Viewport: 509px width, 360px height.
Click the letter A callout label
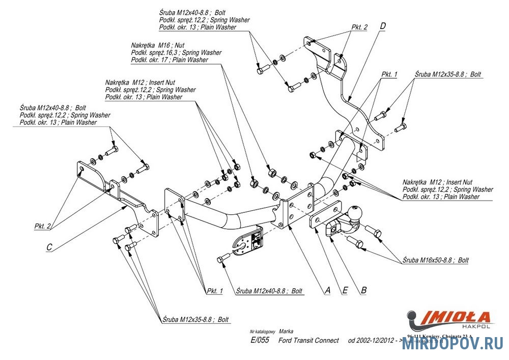328,290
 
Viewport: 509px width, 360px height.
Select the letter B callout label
363,290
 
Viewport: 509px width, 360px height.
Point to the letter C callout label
49,247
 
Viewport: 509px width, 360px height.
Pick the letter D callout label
383,25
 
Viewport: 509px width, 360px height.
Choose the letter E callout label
345,290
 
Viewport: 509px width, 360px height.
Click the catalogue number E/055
261,340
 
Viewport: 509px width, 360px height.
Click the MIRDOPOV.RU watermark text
452,345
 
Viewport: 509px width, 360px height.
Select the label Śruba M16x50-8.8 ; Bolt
435,260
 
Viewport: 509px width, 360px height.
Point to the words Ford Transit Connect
308,340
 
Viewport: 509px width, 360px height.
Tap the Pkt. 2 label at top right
359,27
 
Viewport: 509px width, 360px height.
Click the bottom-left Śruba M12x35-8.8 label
196,320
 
